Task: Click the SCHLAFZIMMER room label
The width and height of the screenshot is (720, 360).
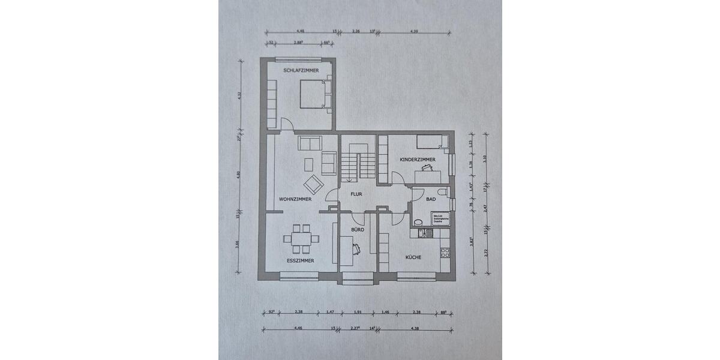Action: tap(293, 70)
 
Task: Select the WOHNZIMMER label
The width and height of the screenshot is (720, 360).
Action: tap(295, 199)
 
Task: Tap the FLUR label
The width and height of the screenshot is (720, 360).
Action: tap(357, 194)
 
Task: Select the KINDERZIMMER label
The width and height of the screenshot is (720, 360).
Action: tap(417, 160)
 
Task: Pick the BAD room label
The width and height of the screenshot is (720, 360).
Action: tap(430, 199)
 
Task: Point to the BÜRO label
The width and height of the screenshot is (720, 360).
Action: tap(357, 230)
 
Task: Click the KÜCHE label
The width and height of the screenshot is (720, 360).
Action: tap(413, 257)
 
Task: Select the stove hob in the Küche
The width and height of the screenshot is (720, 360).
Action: tap(445, 253)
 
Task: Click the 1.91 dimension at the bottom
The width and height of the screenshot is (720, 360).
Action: tap(357, 313)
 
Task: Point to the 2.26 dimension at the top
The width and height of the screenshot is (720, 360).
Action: tap(356, 31)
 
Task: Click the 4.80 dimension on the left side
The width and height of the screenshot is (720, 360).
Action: tap(239, 175)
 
